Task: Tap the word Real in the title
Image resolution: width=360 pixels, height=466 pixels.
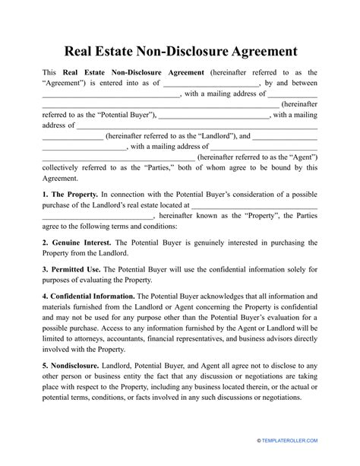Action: tap(84, 52)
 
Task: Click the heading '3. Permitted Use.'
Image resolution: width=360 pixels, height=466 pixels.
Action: tap(71, 270)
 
